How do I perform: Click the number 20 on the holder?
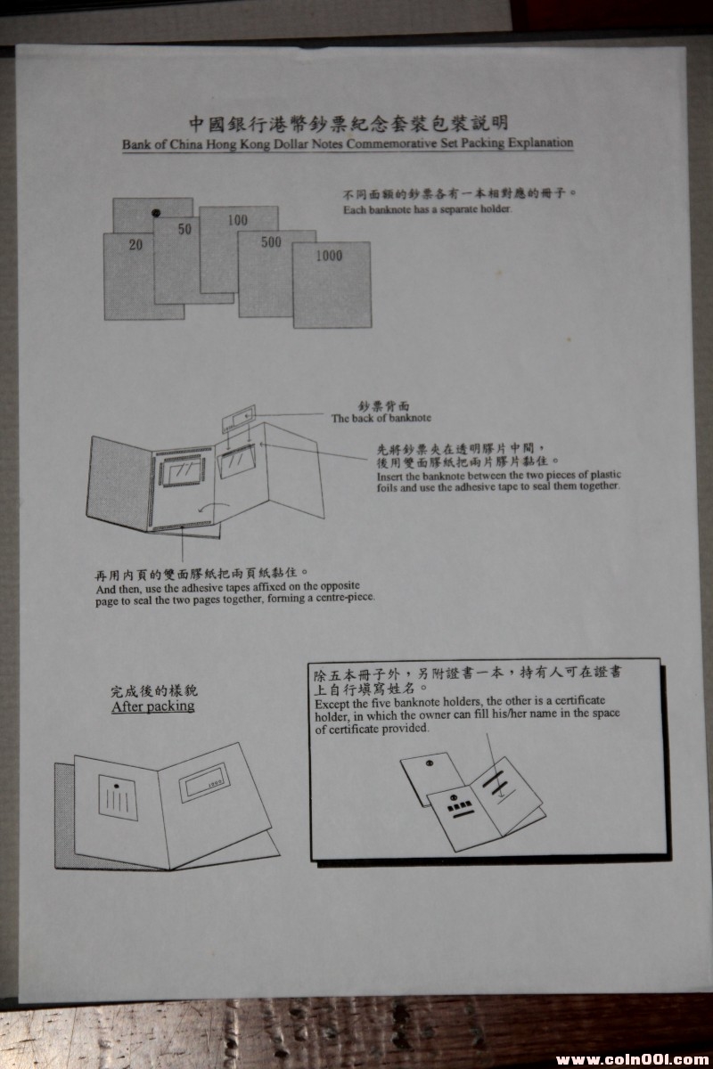[x=135, y=245]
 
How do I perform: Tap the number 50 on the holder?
[x=184, y=229]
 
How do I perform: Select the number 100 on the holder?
[x=237, y=220]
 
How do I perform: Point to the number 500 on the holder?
[x=271, y=242]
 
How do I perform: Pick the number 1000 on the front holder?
[x=329, y=256]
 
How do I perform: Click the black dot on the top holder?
[x=156, y=212]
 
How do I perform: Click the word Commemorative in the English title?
[x=389, y=143]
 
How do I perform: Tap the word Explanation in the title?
[x=540, y=143]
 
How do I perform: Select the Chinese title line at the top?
[x=348, y=123]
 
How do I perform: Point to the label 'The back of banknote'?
[x=381, y=418]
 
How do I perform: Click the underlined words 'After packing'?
[x=152, y=706]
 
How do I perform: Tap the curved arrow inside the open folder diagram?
[x=214, y=507]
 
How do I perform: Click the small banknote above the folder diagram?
[x=238, y=419]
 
